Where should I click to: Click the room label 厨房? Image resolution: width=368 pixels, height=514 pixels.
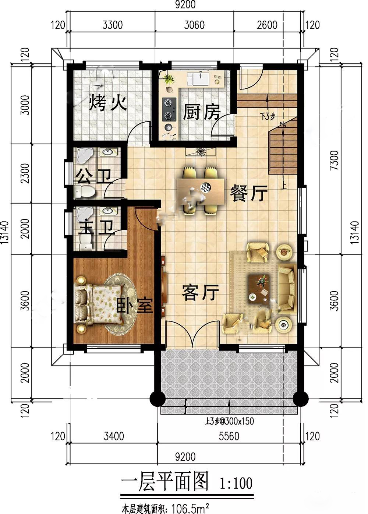click(202, 112)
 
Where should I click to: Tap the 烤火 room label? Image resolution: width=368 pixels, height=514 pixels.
click(108, 104)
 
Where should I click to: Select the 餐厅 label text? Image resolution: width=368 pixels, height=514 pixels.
click(248, 193)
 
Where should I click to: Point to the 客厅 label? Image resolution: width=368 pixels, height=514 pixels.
click(200, 293)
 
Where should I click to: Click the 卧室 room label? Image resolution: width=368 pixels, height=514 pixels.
click(135, 305)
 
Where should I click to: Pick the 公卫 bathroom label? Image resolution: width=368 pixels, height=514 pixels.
click(93, 176)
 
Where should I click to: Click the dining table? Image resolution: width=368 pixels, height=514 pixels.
click(201, 191)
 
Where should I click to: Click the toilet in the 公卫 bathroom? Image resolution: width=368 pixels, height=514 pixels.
click(84, 191)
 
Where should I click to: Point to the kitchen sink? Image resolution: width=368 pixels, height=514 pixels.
click(199, 78)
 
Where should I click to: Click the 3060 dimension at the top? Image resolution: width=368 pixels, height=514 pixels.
click(194, 25)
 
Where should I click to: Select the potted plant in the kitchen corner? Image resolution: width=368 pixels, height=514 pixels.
click(169, 78)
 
